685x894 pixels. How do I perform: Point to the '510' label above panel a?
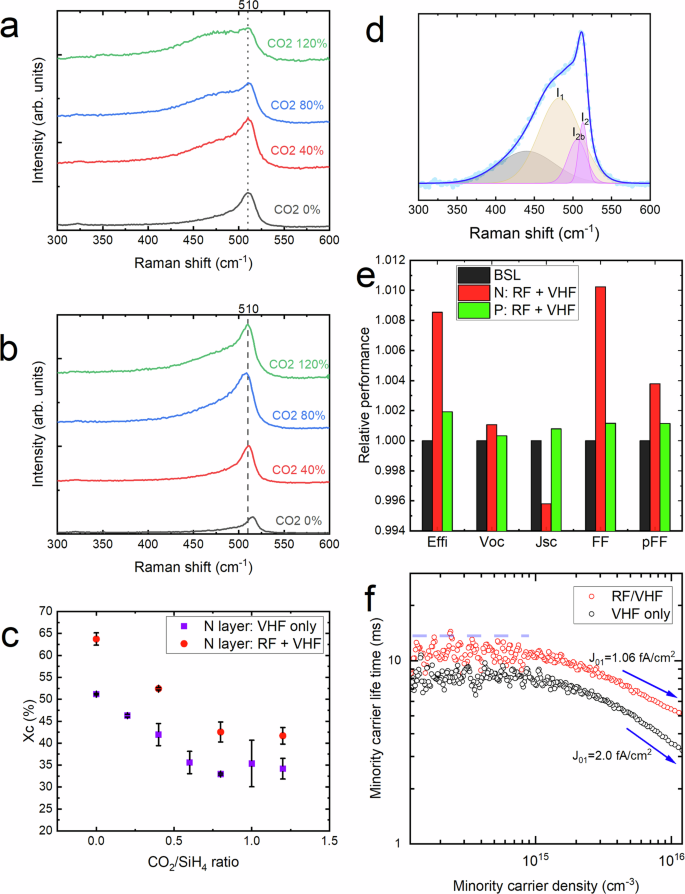point(248,9)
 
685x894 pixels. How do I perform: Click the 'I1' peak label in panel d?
point(559,92)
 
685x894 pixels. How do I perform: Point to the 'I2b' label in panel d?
point(578,131)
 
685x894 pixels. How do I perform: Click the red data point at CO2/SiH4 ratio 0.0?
point(96,639)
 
